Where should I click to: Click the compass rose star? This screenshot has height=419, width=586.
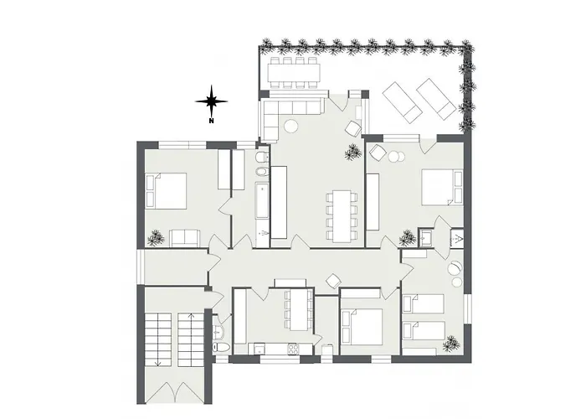point(212,101)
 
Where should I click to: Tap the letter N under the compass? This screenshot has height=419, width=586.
point(212,121)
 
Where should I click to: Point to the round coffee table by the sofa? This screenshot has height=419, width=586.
point(290,127)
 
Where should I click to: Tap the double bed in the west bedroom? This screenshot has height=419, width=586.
point(167,190)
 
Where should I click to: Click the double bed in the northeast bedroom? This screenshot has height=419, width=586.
point(440,187)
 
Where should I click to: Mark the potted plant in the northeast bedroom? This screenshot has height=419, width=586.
point(408,238)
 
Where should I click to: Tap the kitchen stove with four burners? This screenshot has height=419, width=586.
point(295,348)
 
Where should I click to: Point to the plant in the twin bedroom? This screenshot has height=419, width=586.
point(451,342)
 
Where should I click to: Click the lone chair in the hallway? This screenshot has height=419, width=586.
point(333,280)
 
